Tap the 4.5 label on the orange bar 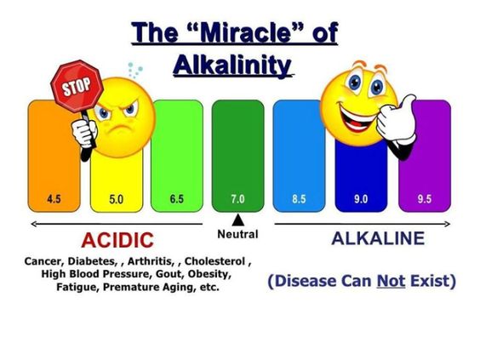[53, 199]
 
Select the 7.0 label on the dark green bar [237, 199]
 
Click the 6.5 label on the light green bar [176, 199]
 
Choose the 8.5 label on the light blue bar [299, 199]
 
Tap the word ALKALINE [376, 237]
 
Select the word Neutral [237, 233]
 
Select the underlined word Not [390, 281]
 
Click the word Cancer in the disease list [45, 260]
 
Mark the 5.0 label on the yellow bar [116, 199]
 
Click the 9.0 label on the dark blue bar [362, 199]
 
